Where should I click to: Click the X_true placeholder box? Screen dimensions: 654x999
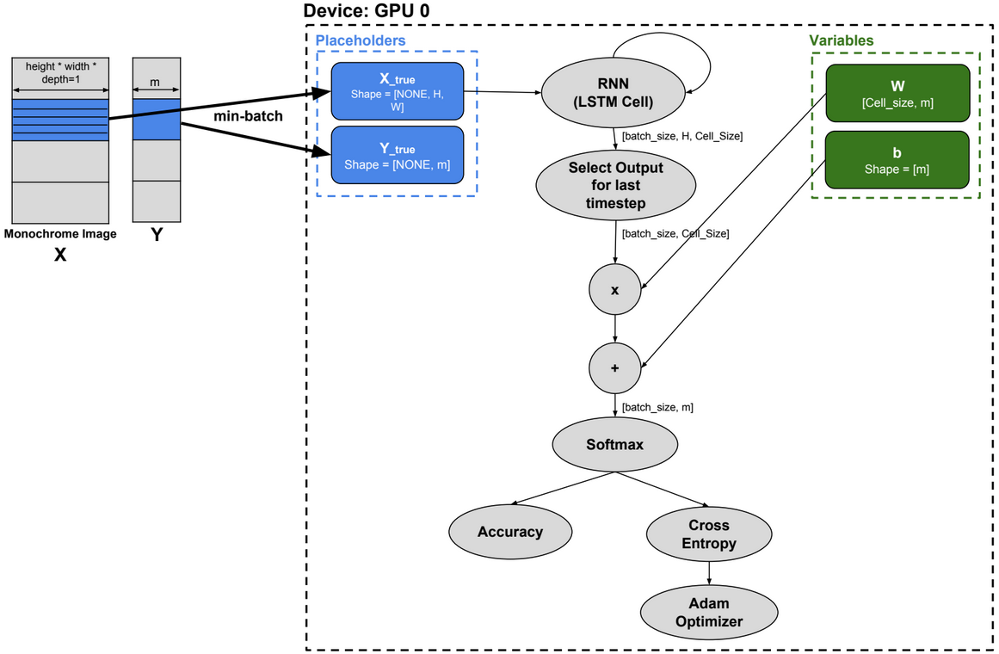point(397,91)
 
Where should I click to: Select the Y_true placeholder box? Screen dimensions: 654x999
point(397,156)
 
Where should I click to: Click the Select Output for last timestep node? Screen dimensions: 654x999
point(614,184)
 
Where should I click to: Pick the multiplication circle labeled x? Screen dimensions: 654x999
point(614,290)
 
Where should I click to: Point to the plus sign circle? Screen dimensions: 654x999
point(614,367)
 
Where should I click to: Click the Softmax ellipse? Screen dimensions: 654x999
point(614,445)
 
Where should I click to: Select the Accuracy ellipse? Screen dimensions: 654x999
point(510,532)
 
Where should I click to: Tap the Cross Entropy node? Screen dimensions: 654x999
point(708,534)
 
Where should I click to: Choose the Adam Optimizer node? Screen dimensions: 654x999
point(708,612)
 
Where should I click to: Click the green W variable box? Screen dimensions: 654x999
point(897,93)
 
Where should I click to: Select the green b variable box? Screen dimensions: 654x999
point(897,160)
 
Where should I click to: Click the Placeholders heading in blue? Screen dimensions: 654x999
point(361,40)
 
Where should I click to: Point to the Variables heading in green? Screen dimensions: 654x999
point(841,40)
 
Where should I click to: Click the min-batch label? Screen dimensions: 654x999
point(248,115)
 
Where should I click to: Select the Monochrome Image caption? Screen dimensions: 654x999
point(60,233)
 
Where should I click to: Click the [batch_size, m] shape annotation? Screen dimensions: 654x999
point(657,407)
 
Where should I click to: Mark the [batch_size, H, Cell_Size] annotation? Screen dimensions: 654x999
point(682,136)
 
